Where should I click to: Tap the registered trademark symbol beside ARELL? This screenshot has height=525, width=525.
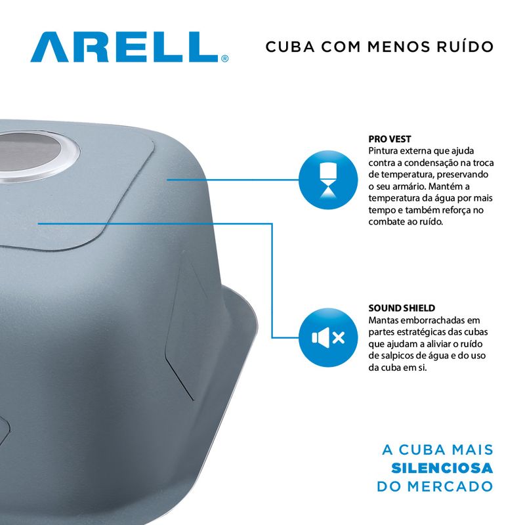225,59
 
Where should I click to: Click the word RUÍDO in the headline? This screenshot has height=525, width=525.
465,46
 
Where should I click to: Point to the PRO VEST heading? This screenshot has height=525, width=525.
390,139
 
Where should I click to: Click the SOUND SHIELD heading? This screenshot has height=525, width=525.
402,308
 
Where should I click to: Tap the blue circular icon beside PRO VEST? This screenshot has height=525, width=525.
328,180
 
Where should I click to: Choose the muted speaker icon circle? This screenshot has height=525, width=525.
328,337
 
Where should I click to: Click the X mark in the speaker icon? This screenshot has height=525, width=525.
339,337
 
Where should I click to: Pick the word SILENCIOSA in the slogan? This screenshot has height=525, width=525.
442,468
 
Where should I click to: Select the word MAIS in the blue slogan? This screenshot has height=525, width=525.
472,450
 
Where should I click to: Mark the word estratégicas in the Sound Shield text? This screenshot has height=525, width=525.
425,333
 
